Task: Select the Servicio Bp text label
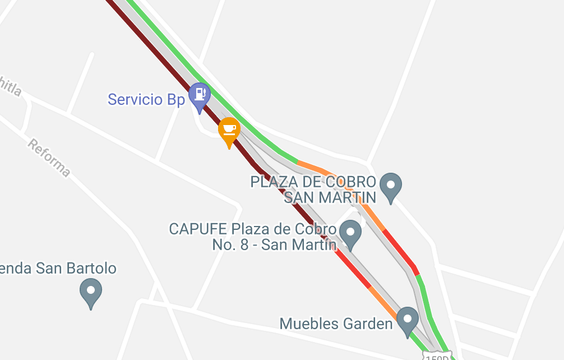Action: (x=146, y=100)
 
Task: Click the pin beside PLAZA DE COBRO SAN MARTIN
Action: (x=390, y=186)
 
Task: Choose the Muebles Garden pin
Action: (x=407, y=320)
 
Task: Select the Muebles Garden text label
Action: (x=336, y=324)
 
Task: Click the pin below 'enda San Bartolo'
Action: (x=91, y=293)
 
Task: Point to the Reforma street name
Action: (x=49, y=158)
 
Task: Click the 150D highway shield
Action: (x=437, y=357)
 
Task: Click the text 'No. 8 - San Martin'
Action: (x=274, y=245)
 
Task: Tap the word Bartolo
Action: (x=93, y=269)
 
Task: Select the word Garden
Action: (x=367, y=324)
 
